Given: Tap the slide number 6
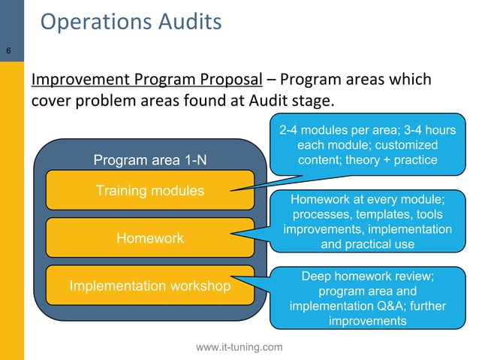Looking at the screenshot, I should click(8, 51).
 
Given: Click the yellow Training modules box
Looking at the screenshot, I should click(149, 190).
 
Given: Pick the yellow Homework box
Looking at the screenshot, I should click(149, 238).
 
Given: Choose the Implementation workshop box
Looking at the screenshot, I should click(149, 286).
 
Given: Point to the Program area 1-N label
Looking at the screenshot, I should click(149, 159).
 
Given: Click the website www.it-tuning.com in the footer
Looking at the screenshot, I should click(239, 346).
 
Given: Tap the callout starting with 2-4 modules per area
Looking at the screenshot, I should click(367, 145).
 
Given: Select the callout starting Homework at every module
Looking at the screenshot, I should click(367, 222).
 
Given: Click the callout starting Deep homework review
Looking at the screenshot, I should click(367, 298).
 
